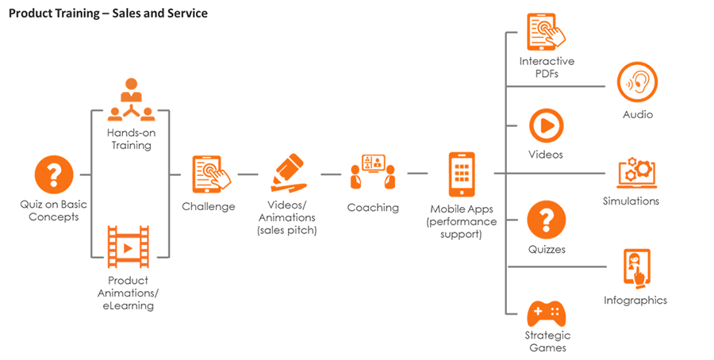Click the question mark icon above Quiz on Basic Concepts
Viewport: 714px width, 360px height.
tap(54, 174)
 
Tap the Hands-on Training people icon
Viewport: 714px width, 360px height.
tap(131, 100)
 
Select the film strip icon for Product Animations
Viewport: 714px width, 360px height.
tap(128, 247)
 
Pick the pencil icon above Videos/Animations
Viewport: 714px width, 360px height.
tap(287, 173)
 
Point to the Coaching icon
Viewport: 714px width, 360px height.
tap(373, 171)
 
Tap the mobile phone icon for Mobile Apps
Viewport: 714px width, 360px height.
tap(462, 174)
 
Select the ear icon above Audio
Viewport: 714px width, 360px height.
tap(637, 82)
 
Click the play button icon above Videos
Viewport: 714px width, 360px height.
tap(546, 126)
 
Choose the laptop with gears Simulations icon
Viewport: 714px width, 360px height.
tap(636, 173)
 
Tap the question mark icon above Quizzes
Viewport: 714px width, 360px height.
tap(546, 220)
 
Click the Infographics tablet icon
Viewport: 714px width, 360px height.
tap(636, 269)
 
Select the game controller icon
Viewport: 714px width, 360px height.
tap(546, 313)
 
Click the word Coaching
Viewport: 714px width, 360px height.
tap(373, 208)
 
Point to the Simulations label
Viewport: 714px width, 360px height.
tap(631, 201)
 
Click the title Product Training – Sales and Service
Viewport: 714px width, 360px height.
tap(109, 13)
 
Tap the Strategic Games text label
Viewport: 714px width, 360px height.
tap(547, 342)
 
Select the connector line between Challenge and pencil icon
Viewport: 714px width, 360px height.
tap(248, 174)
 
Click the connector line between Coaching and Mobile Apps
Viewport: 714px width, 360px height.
tap(417, 174)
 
